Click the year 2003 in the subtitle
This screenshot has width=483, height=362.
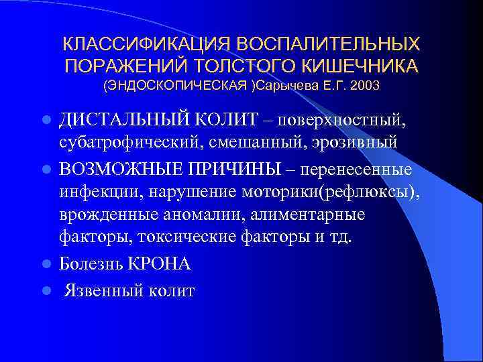coord(361,86)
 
